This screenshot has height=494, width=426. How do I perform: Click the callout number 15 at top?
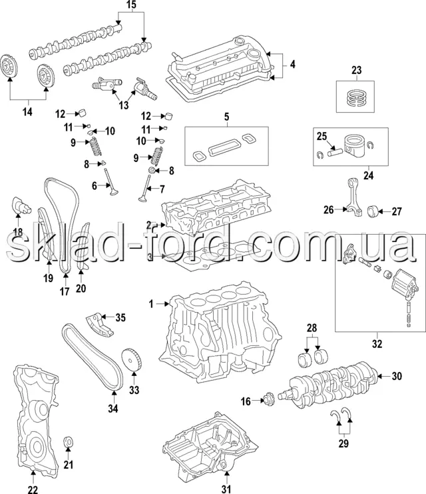[x=130, y=6]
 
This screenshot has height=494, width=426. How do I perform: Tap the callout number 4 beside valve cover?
[x=292, y=65]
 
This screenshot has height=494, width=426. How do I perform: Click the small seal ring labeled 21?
[x=68, y=443]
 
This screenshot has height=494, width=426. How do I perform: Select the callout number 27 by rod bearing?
[x=397, y=212]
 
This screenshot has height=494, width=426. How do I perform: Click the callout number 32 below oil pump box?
[x=377, y=344]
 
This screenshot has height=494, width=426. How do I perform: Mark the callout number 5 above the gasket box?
[x=226, y=118]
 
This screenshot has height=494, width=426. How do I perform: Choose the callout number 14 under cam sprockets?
[x=27, y=112]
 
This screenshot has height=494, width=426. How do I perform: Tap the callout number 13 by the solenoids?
[x=124, y=105]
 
